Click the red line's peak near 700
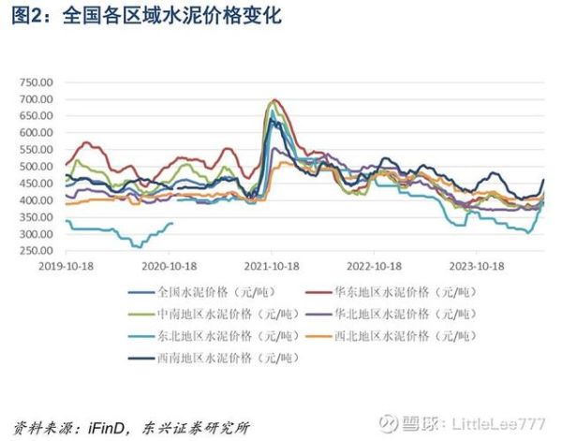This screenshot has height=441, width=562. [x=274, y=100]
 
